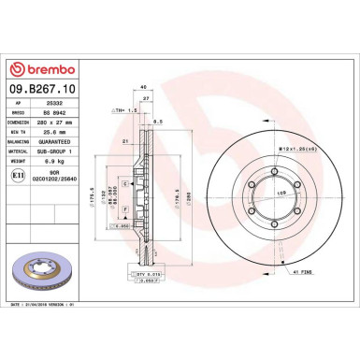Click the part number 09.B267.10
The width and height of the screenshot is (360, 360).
(44, 90)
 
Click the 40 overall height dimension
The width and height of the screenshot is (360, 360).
(142, 87)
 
